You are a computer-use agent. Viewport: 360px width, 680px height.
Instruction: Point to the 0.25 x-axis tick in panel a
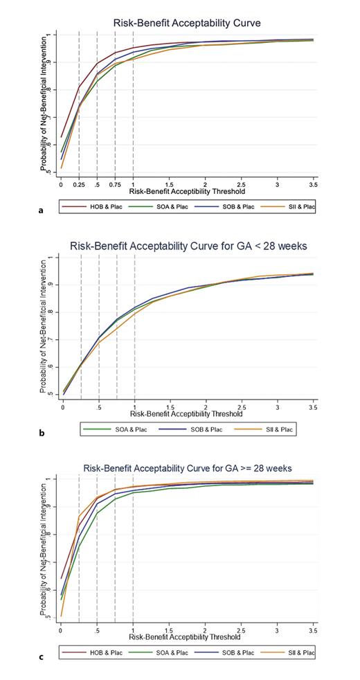79,186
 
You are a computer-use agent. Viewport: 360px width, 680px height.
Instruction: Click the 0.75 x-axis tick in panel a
115,186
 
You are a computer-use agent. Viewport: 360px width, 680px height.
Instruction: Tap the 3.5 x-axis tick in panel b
314,409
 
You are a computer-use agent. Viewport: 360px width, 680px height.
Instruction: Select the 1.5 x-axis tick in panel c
169,631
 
